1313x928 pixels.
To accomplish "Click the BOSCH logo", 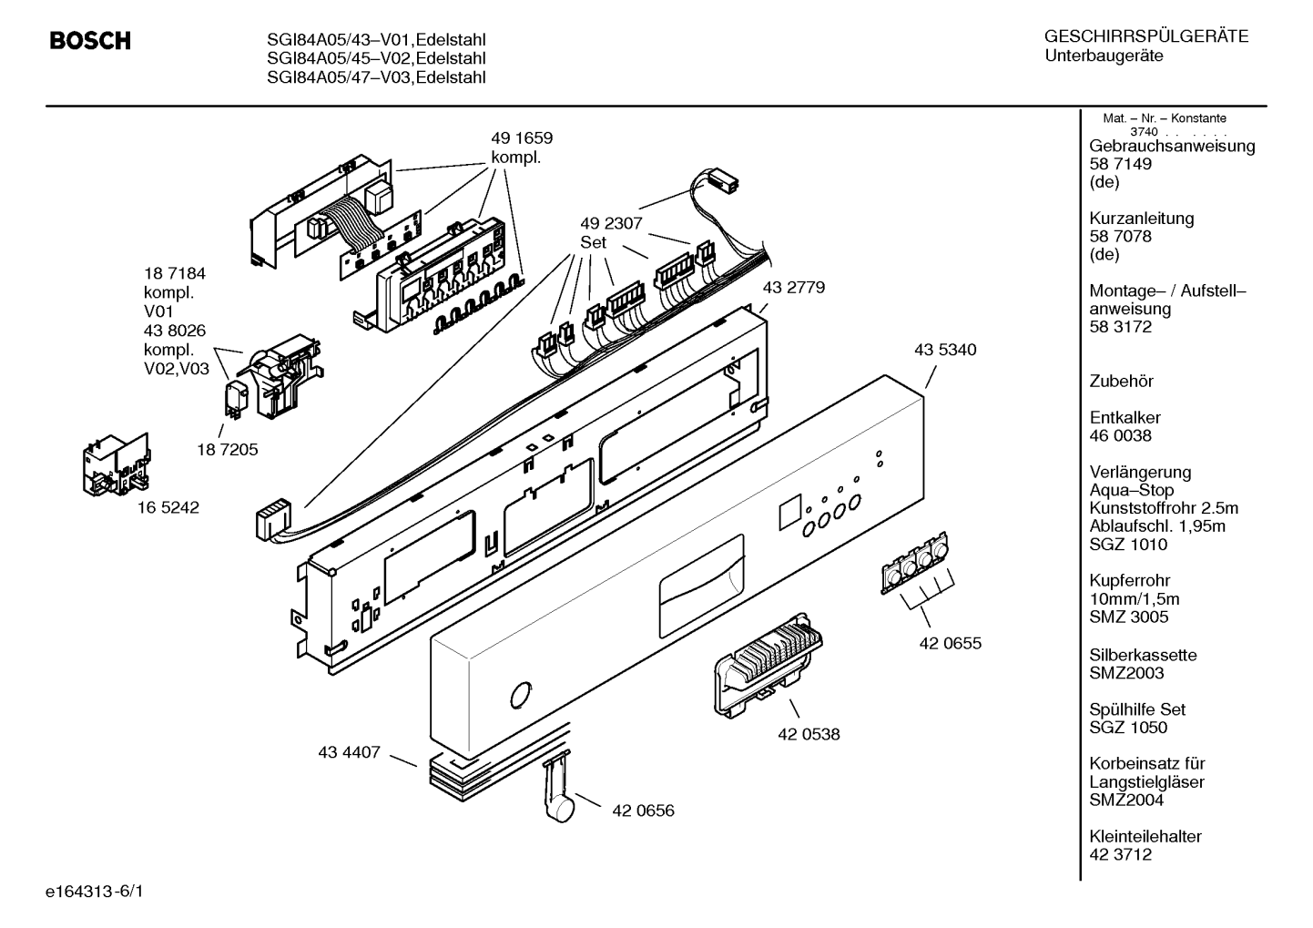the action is click(x=90, y=40).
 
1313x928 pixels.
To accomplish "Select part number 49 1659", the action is click(x=522, y=138).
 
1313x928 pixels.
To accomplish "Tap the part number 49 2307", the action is click(x=611, y=223).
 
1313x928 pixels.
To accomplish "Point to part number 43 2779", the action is click(x=794, y=287).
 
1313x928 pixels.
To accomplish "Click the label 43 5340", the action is click(x=945, y=350).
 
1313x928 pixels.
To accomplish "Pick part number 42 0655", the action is click(x=951, y=644).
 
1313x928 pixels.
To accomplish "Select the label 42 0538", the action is click(x=809, y=735).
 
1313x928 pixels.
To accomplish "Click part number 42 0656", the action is click(x=643, y=811).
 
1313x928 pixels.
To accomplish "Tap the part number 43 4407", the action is click(x=350, y=752).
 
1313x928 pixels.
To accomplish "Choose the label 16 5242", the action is click(x=168, y=507).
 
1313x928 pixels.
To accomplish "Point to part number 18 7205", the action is click(x=228, y=450).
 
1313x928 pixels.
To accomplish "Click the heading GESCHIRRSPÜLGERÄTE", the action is click(x=1146, y=36).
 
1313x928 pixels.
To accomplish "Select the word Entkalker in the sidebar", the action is click(x=1125, y=417).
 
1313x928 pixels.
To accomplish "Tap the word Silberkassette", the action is click(x=1143, y=655).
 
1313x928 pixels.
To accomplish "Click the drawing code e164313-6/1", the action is click(x=95, y=892).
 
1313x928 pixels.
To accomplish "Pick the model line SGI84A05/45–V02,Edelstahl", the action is click(x=376, y=58).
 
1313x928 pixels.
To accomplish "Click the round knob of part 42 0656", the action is click(x=559, y=809).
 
